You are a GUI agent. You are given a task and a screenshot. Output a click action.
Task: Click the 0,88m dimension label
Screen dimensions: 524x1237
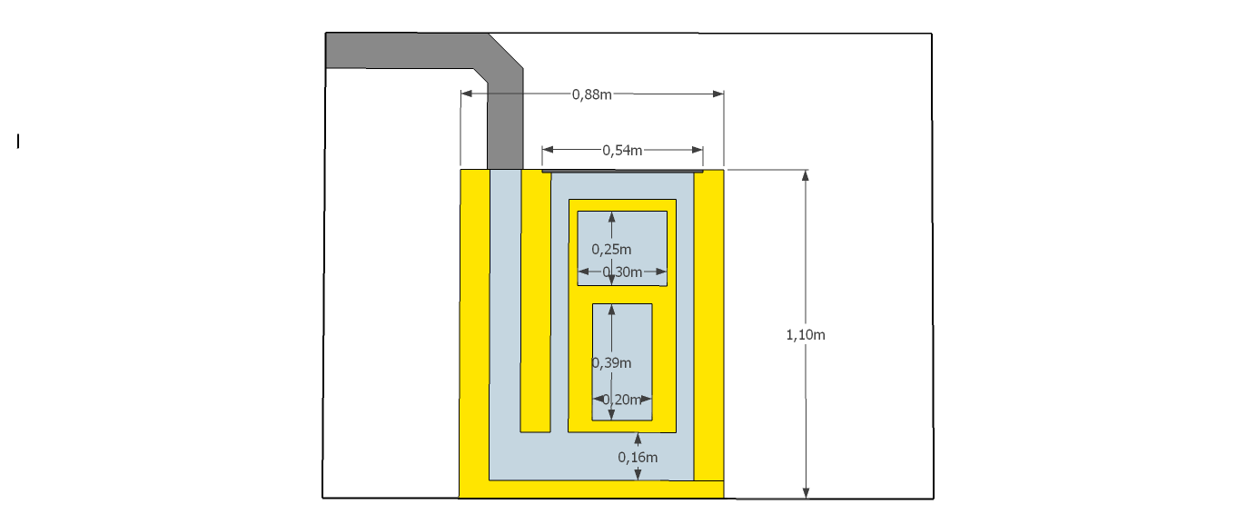click(x=591, y=94)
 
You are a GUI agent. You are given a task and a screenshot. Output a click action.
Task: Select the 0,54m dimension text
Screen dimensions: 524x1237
click(x=622, y=150)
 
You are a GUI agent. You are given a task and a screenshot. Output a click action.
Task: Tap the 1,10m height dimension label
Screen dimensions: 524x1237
click(x=805, y=335)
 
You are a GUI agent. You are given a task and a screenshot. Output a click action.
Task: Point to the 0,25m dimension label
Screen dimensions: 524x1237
click(x=611, y=249)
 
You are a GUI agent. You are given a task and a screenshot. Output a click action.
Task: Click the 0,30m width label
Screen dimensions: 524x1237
click(x=623, y=272)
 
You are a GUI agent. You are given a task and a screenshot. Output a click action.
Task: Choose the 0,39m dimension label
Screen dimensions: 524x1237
click(x=611, y=363)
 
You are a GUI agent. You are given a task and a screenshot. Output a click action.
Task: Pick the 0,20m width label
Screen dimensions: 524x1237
click(x=622, y=400)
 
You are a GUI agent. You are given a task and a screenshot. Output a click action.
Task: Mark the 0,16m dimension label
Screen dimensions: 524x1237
click(x=638, y=457)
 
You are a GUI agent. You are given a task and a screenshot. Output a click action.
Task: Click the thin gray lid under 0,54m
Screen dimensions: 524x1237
click(x=622, y=170)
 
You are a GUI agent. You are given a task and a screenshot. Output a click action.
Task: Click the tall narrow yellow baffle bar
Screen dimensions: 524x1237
click(x=535, y=300)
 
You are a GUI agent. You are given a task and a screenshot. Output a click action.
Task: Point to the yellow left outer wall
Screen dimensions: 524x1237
click(x=474, y=327)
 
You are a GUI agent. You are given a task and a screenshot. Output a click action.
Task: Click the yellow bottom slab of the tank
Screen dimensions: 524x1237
click(x=590, y=489)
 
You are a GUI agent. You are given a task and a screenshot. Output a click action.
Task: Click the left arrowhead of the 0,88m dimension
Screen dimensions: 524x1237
click(x=466, y=94)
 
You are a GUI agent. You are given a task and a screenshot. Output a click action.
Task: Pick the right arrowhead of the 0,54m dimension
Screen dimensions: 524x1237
click(x=698, y=150)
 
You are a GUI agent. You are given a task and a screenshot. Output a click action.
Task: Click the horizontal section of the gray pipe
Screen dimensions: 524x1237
click(x=400, y=50)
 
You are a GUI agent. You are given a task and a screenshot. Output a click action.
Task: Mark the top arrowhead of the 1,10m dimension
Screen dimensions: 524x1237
click(x=806, y=175)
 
